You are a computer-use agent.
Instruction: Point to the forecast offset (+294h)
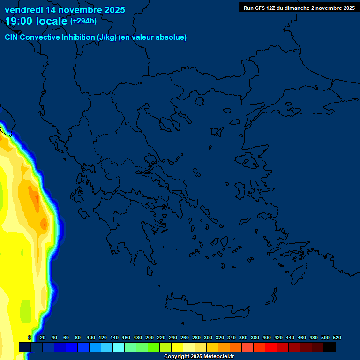[x=83, y=21]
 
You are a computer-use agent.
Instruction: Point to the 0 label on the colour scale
[x=30, y=337]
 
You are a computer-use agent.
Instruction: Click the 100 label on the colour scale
[x=90, y=337]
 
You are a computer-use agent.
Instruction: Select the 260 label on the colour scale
[x=184, y=337]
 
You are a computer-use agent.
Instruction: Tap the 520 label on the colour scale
[x=337, y=337]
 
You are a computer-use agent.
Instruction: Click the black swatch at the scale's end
[x=330, y=347]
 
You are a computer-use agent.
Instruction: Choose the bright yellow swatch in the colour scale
[x=177, y=347]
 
